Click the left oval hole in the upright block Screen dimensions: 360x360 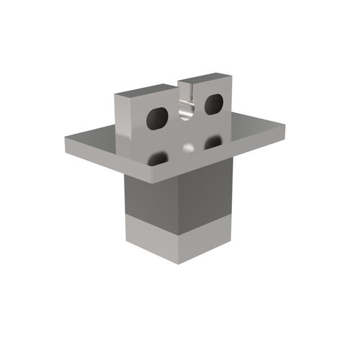click(157, 117)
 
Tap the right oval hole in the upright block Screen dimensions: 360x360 click(214, 104)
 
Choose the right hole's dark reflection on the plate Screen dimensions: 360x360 click(212, 143)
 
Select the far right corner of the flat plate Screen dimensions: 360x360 click(284, 127)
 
